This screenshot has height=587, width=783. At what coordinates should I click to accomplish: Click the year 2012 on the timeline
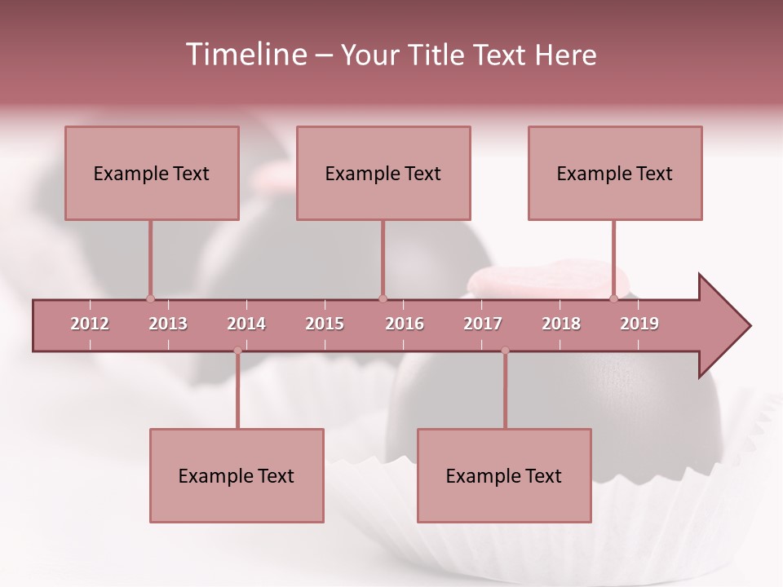click(90, 324)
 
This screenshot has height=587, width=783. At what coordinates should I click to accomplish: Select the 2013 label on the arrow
click(168, 324)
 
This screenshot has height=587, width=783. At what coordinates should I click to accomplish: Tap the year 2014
click(246, 324)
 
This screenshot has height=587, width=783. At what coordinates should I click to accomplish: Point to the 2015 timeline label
click(325, 324)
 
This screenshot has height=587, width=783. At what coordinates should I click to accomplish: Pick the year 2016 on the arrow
click(405, 324)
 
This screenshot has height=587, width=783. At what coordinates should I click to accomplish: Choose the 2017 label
click(483, 324)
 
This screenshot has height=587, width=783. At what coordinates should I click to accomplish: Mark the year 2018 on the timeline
click(561, 324)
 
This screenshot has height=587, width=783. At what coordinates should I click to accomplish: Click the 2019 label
click(639, 324)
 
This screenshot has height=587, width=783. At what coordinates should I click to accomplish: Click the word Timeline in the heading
click(245, 55)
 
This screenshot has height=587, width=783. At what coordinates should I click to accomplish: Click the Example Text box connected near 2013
click(152, 173)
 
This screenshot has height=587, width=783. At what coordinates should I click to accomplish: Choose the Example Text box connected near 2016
click(383, 173)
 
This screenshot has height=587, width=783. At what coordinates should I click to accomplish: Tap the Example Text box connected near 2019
click(615, 173)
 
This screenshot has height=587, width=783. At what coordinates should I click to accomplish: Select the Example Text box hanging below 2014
click(237, 475)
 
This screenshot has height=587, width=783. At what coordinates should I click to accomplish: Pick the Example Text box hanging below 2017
click(504, 475)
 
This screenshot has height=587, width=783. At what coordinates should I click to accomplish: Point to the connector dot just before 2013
click(150, 298)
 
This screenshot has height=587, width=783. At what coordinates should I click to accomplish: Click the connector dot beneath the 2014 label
click(237, 351)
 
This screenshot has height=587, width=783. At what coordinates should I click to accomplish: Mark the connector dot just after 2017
click(505, 351)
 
